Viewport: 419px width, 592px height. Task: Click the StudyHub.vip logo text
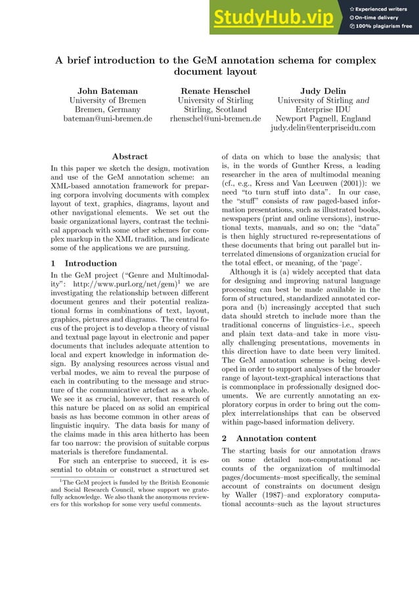click(x=275, y=18)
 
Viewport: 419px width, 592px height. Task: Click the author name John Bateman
click(x=108, y=90)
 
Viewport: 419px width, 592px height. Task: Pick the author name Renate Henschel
click(x=215, y=90)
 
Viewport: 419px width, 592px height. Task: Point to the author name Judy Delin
click(x=322, y=90)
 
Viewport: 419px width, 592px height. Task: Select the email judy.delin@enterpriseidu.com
click(x=322, y=128)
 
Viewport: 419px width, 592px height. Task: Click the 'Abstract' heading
click(x=129, y=156)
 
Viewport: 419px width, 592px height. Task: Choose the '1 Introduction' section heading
click(x=83, y=263)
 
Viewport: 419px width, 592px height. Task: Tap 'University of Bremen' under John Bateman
click(x=108, y=100)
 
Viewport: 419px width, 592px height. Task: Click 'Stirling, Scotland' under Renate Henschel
click(x=215, y=110)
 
